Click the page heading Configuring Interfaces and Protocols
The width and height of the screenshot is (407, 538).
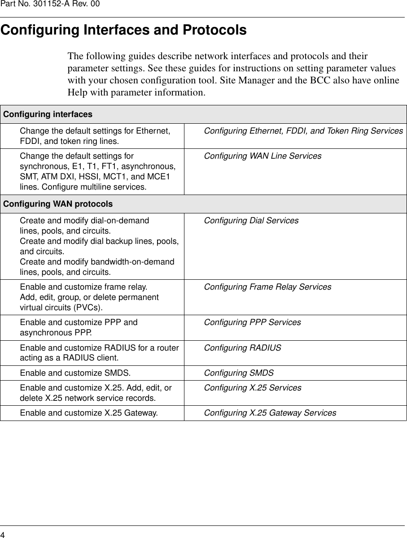coord(123,30)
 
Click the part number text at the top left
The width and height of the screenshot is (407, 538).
coord(50,4)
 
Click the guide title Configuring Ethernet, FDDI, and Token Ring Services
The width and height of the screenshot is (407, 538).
coord(303,131)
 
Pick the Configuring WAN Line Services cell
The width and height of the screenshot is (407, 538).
coord(263,156)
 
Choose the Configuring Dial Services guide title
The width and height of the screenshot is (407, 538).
coord(251,221)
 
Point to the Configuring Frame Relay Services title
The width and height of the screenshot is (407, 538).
coord(267,286)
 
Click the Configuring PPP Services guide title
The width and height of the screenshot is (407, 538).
coord(252,322)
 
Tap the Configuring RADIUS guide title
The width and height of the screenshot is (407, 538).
coord(242,347)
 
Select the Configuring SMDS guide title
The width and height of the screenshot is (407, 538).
coord(239,373)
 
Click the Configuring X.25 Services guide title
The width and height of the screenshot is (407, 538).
coord(253,387)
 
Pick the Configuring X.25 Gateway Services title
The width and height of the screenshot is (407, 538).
coord(270,413)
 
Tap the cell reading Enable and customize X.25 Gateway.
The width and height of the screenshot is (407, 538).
coord(88,413)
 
